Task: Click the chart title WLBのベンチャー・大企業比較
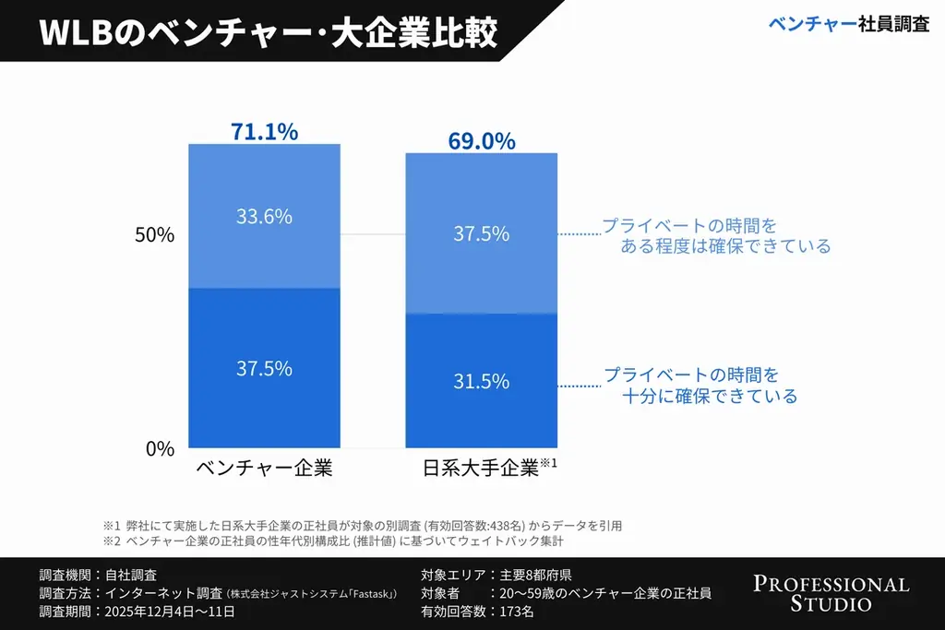pos(269,30)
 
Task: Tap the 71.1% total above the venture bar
pos(264,132)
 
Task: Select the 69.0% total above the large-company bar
pos(481,141)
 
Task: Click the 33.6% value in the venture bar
pos(264,217)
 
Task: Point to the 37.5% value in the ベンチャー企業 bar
pos(264,368)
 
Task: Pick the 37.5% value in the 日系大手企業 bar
pos(481,234)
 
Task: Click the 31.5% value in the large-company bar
pos(481,381)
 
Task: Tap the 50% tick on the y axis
pos(154,235)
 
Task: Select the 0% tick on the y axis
pos(159,449)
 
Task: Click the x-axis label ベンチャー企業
pos(264,468)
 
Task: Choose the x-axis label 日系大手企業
pos(481,468)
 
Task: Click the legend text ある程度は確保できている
pos(724,246)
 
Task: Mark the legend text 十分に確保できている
pos(709,397)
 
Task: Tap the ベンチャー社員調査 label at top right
pos(848,25)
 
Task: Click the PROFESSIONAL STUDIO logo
pos(831,594)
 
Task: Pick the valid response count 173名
pos(515,611)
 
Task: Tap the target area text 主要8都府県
pos(534,575)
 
